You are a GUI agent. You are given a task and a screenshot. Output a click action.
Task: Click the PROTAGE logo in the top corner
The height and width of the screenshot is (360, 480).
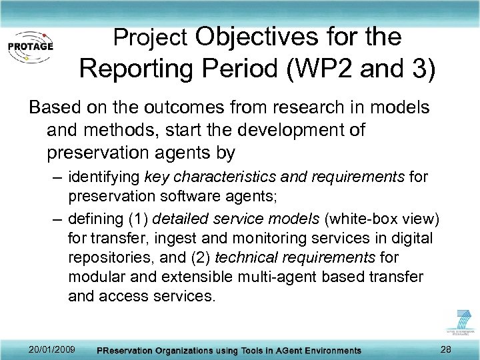point(30,45)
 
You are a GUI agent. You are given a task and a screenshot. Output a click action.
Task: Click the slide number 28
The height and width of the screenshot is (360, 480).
point(446,349)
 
